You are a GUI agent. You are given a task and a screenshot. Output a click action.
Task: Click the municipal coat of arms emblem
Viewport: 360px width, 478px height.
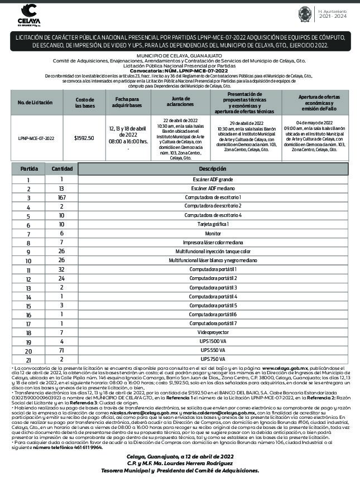tap(306, 14)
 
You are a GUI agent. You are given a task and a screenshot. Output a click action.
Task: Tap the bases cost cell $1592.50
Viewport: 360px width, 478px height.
tap(84, 137)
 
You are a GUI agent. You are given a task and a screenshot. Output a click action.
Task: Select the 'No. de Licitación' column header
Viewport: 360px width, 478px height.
tap(35, 103)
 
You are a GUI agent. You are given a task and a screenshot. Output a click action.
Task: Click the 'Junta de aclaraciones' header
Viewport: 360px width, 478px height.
tap(180, 102)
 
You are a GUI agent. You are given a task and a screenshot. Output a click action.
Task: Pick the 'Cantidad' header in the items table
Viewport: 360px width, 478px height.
tap(62, 168)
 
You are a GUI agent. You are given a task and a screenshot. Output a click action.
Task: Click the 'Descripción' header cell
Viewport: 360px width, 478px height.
tap(212, 168)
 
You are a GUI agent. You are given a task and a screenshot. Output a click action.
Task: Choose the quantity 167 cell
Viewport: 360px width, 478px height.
tap(62, 197)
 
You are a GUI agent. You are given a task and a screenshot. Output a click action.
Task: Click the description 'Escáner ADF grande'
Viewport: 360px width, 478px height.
tap(212, 180)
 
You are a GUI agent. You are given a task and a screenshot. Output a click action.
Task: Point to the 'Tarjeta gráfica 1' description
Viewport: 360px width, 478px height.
tap(212, 224)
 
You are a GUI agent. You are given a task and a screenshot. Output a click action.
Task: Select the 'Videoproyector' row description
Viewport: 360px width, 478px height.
tap(212, 332)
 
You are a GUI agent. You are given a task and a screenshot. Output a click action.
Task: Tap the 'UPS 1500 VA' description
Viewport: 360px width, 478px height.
tap(212, 341)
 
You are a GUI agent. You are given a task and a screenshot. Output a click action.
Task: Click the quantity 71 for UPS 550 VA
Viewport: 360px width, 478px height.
tap(62, 350)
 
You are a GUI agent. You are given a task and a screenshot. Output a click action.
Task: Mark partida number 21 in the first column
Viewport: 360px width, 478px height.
tap(28, 360)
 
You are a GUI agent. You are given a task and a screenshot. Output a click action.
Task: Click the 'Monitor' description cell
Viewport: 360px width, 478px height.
tap(212, 233)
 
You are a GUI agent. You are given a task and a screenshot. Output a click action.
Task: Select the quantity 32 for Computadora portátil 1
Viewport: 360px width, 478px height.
tap(62, 269)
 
